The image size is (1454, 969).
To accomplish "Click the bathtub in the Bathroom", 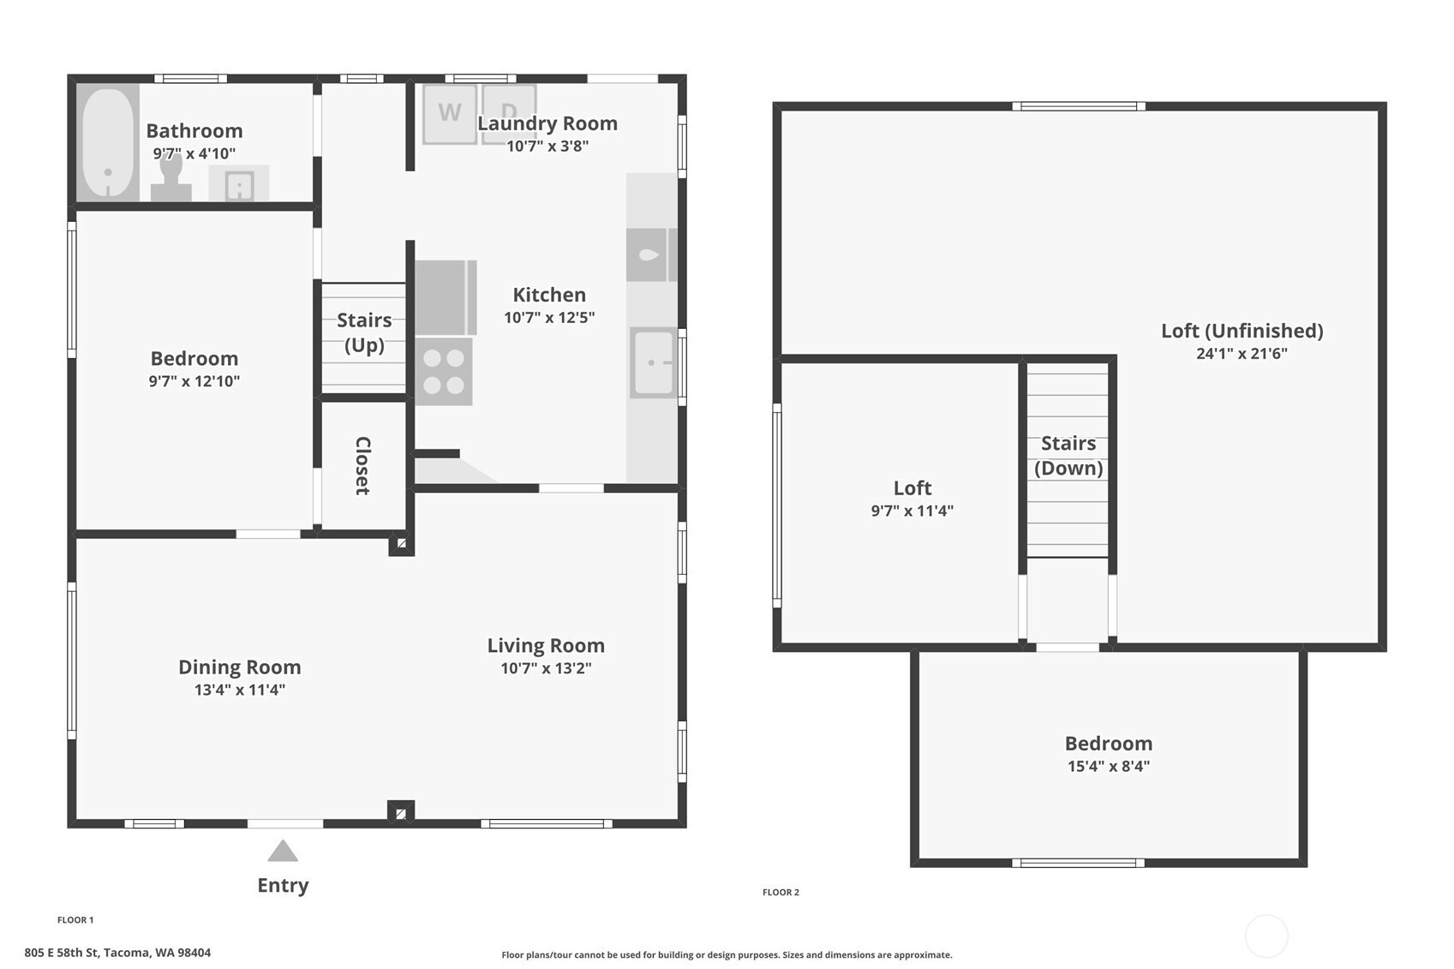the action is (x=108, y=142).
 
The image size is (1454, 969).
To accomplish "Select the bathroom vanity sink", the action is (x=239, y=183).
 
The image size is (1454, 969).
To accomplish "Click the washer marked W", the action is (x=450, y=114).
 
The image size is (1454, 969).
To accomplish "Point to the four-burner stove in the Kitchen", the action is (x=444, y=371).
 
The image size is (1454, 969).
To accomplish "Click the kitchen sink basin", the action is (x=653, y=362).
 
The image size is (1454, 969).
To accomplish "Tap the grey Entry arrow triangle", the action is (x=283, y=851).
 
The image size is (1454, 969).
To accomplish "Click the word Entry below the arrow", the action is (x=283, y=885).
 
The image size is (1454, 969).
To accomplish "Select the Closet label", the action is (x=362, y=465).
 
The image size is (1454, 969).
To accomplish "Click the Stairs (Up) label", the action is (x=364, y=332).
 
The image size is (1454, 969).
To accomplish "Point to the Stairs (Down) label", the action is (x=1068, y=456).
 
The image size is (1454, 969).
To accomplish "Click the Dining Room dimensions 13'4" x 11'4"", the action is (x=240, y=690).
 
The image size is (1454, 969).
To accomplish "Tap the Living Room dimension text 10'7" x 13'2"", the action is (x=546, y=668).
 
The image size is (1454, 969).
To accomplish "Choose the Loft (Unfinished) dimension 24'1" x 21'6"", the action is (x=1242, y=353).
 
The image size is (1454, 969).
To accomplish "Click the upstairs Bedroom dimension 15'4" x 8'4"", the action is (x=1109, y=766).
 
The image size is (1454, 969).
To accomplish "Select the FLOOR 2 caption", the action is (x=781, y=893).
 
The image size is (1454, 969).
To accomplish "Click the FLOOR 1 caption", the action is (x=75, y=919).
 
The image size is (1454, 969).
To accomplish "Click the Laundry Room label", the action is (x=547, y=123).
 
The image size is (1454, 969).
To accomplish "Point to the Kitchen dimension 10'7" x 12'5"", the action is (x=549, y=317).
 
